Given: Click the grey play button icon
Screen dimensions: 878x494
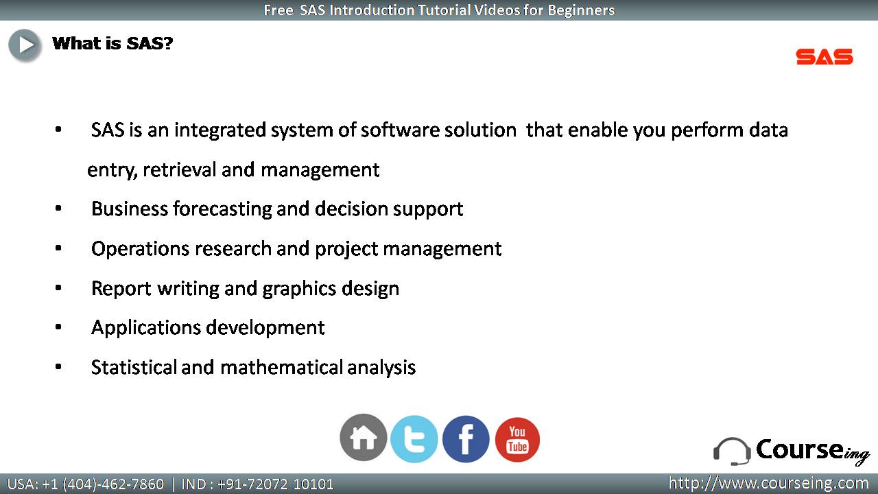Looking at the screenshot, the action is click(25, 45).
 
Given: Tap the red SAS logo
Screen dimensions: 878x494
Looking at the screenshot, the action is click(824, 57).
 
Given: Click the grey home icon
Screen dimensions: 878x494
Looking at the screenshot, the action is click(364, 437).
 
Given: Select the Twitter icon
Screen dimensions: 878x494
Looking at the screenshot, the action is click(414, 438).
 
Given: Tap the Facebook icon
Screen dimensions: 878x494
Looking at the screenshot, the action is click(466, 438).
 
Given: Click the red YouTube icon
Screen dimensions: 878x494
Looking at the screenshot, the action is click(517, 440).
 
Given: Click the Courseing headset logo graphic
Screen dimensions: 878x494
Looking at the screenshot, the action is click(732, 451).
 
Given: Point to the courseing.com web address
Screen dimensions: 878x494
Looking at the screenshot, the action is click(768, 483).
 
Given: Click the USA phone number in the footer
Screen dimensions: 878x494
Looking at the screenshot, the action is click(86, 484).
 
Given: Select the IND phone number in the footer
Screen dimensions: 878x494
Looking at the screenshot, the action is click(257, 484).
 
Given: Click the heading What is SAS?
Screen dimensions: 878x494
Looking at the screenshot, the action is click(112, 43).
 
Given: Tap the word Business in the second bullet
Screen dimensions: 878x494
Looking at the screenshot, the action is click(130, 209).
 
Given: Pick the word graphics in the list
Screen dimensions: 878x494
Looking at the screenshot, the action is click(299, 290).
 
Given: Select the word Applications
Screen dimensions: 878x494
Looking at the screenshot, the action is click(146, 328).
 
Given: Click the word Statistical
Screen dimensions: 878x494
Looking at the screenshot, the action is click(134, 367).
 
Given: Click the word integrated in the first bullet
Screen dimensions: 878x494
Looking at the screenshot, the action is click(220, 130).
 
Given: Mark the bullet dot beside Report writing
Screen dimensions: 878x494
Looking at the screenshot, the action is click(58, 287).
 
